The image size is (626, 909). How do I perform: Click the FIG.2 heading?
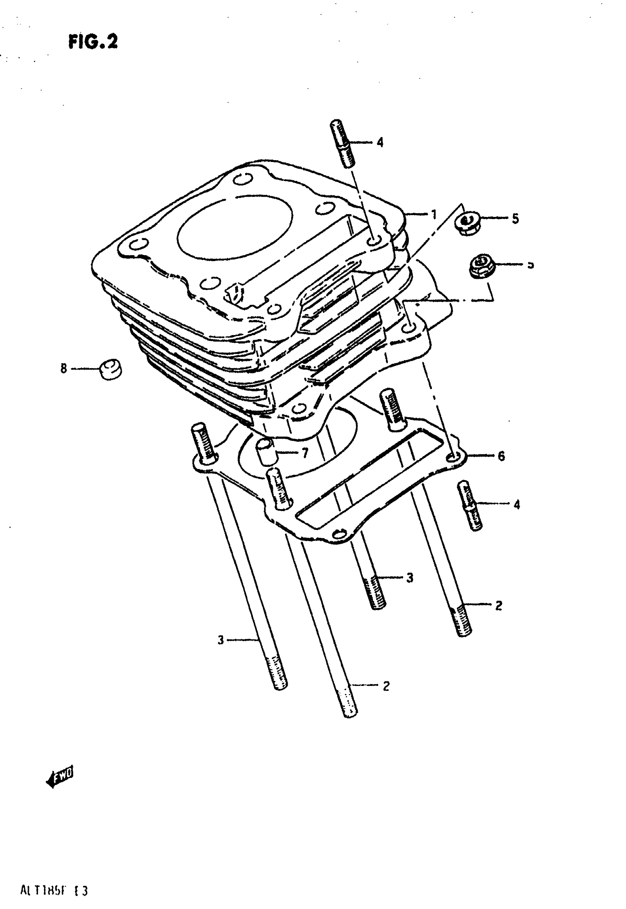point(93,42)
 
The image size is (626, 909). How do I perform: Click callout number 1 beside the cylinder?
point(433,215)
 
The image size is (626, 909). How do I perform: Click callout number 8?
point(64,368)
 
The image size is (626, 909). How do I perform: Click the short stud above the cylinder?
point(342,143)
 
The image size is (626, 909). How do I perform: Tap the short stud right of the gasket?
point(469,505)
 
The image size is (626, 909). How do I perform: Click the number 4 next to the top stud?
point(380,142)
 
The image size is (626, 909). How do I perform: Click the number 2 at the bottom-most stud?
point(386,686)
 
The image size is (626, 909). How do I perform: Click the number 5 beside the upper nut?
point(515,218)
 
